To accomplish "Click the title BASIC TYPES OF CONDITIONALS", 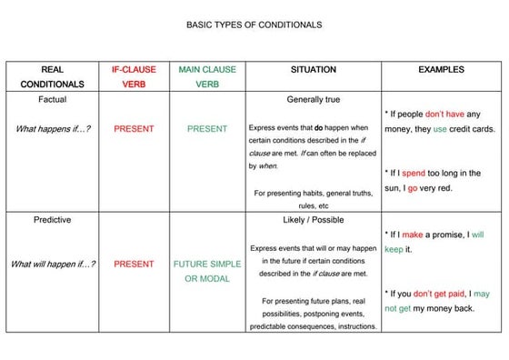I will tap(254, 25).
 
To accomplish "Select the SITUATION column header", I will tap(313, 69).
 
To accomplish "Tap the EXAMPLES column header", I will tap(441, 69).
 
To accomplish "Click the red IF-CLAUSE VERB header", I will tap(134, 76).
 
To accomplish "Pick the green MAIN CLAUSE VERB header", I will tap(207, 76).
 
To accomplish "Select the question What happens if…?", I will tap(53, 128).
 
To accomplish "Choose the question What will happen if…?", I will tap(53, 265).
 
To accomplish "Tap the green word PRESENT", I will tap(207, 128).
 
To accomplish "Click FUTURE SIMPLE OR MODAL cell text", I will tap(207, 271).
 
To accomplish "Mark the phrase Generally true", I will tap(313, 98).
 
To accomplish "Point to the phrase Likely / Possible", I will tap(313, 219).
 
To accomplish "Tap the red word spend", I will tap(414, 173).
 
